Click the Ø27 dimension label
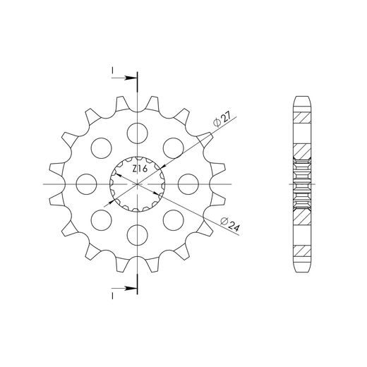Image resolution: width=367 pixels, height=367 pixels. click(219, 121)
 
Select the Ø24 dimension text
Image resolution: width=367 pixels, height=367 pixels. click(225, 224)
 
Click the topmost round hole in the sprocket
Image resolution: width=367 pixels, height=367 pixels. click(138, 131)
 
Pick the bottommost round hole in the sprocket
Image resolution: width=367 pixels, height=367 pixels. click(138, 234)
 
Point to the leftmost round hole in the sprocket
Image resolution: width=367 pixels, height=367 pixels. click(86, 183)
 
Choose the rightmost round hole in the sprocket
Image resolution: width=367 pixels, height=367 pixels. click(188, 183)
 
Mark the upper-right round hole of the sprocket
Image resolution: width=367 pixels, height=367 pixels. click(174, 147)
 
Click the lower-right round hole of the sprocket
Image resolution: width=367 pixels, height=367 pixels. click(174, 219)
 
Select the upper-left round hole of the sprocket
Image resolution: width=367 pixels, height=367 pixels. click(102, 147)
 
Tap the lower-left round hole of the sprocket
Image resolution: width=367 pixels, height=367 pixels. click(102, 219)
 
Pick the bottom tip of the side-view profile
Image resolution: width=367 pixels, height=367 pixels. click(301, 275)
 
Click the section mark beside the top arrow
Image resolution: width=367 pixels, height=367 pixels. click(113, 71)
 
